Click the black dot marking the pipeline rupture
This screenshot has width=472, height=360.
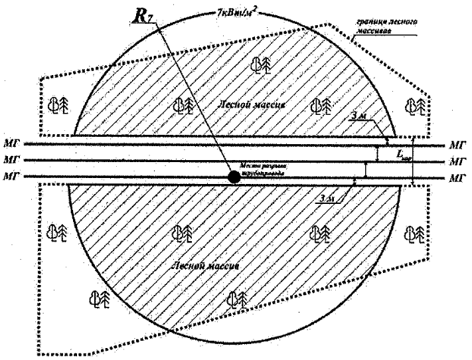pyautogui.click(x=234, y=177)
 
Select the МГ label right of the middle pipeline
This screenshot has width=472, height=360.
pyautogui.click(x=457, y=161)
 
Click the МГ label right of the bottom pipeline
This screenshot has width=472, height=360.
pyautogui.click(x=457, y=177)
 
